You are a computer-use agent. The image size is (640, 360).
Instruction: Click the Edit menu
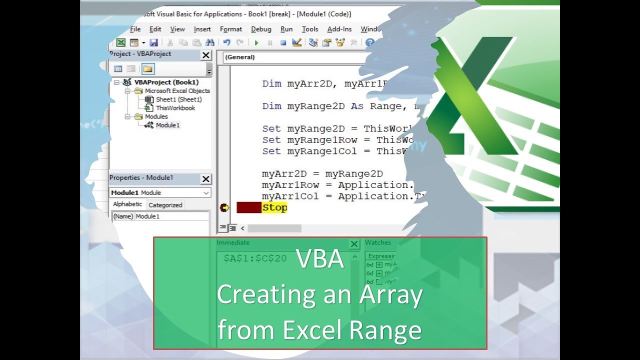tap(155, 29)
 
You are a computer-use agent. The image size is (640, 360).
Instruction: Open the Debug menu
tap(261, 29)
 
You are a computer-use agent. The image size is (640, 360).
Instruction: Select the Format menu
tap(230, 29)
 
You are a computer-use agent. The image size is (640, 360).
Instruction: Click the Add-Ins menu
tap(339, 29)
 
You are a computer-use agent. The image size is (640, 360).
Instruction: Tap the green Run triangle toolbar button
tap(256, 43)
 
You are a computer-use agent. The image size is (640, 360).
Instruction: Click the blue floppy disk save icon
tap(153, 43)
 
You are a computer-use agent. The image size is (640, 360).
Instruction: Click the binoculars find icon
tap(210, 43)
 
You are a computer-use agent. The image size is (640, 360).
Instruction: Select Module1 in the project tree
tap(167, 125)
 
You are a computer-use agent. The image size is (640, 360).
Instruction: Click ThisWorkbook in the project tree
tap(175, 108)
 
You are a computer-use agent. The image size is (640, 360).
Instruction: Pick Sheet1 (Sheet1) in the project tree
tap(178, 99)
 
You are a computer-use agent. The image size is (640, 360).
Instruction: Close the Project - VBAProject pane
tap(206, 55)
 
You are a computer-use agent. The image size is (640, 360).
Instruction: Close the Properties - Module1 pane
tap(206, 179)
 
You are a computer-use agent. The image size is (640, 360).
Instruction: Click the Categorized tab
tap(165, 205)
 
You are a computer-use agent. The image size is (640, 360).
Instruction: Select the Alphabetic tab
tap(127, 204)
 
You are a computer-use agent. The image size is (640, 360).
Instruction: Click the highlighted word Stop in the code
tap(274, 208)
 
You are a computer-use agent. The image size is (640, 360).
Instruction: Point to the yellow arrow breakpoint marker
tap(224, 207)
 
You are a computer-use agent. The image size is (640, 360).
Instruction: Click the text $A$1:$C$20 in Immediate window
tap(255, 258)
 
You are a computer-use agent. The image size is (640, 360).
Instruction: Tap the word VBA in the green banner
tap(319, 259)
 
